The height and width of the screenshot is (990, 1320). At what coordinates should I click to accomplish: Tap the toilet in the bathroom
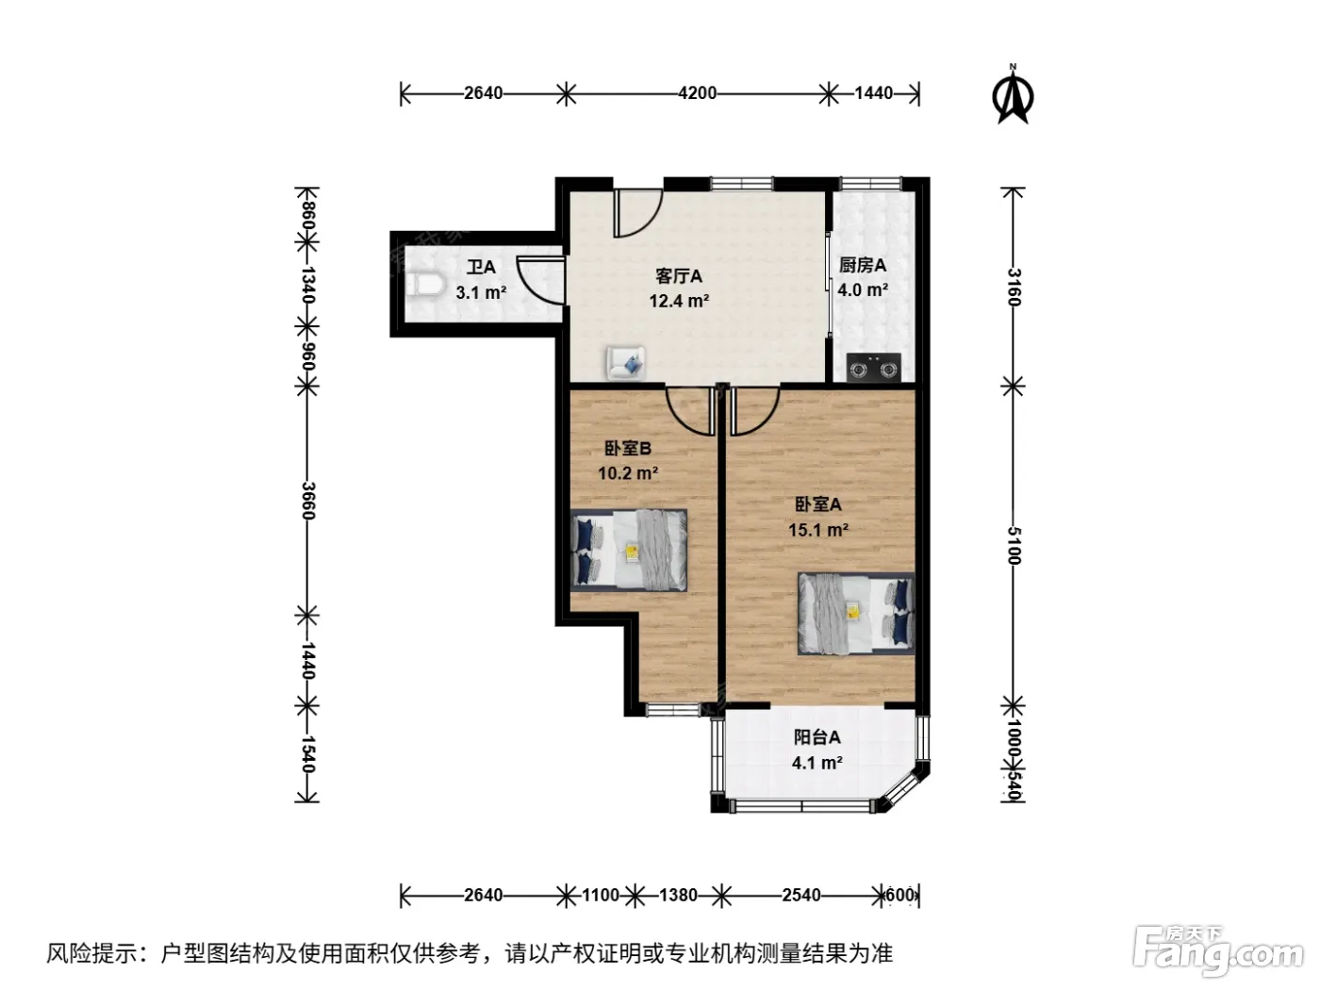pyautogui.click(x=424, y=285)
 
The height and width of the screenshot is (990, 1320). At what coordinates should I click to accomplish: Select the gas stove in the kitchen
pyautogui.click(x=873, y=368)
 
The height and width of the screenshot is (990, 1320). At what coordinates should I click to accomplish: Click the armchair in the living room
pyautogui.click(x=625, y=362)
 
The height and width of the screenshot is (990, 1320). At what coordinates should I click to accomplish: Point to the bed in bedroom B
pyautogui.click(x=629, y=550)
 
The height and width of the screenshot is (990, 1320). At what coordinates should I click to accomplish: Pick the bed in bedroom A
pyautogui.click(x=856, y=614)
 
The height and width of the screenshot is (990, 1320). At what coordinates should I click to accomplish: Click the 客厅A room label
pyautogui.click(x=678, y=276)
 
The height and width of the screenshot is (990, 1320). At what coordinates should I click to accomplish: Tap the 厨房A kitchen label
pyautogui.click(x=863, y=265)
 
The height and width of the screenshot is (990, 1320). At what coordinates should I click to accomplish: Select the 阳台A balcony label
pyautogui.click(x=817, y=737)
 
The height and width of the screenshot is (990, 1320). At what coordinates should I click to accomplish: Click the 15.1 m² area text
pyautogui.click(x=817, y=530)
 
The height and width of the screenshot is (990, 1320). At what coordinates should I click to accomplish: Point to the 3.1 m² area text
pyautogui.click(x=481, y=292)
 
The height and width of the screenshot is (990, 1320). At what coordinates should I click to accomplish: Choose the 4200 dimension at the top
pyautogui.click(x=697, y=93)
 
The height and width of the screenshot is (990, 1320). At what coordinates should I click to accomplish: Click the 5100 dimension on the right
pyautogui.click(x=1014, y=546)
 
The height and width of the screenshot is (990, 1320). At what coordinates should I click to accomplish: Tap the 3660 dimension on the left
pyautogui.click(x=307, y=501)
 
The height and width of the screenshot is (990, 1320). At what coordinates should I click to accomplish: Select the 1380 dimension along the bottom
pyautogui.click(x=678, y=895)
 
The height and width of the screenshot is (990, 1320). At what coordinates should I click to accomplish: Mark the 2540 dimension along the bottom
pyautogui.click(x=801, y=895)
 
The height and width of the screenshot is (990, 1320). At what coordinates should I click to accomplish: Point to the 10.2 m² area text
pyautogui.click(x=628, y=473)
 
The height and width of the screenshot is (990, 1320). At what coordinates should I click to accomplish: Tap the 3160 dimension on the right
pyautogui.click(x=1014, y=288)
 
